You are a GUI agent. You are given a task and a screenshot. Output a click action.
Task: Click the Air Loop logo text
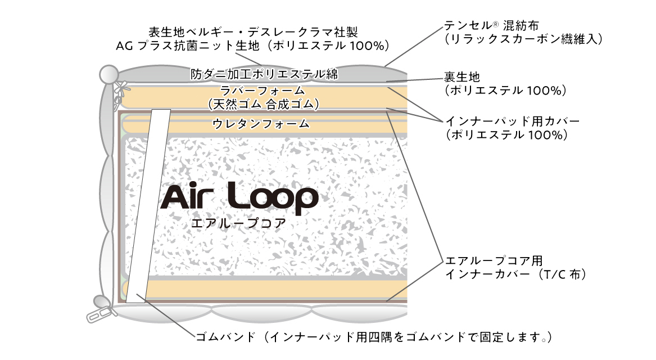(239, 197)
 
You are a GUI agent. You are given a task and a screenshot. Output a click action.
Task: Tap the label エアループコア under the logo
(238, 223)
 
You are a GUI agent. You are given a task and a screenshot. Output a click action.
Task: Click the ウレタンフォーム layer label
(261, 124)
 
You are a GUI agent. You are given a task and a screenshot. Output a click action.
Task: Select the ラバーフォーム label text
(263, 90)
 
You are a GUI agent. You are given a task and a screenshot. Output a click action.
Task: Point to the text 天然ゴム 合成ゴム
(264, 104)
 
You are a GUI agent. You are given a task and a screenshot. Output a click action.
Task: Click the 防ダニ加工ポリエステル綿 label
(264, 74)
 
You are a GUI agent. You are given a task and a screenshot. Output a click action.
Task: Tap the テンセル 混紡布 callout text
(492, 25)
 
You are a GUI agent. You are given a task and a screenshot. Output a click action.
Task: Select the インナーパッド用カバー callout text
(513, 121)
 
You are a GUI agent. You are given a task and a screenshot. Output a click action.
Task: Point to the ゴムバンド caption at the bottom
(225, 336)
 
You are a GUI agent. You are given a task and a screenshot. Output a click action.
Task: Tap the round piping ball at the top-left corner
(109, 74)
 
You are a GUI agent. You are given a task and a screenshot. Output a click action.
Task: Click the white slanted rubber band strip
(148, 205)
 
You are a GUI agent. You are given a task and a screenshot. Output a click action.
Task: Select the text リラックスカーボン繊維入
(523, 39)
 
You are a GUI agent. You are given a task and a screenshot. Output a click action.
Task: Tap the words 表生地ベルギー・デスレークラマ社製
(253, 32)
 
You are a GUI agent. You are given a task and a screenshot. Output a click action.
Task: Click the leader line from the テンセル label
(414, 47)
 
